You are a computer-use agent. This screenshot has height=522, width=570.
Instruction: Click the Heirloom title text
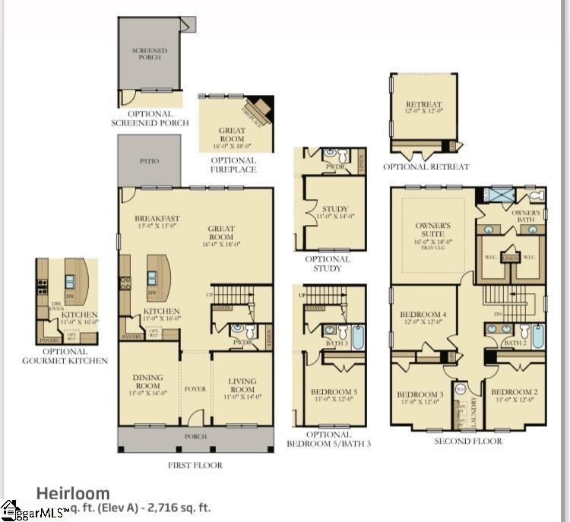pos(73,493)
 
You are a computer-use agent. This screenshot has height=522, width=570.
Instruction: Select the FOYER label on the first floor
pos(195,388)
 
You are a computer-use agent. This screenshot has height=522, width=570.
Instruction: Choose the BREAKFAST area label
pos(156,218)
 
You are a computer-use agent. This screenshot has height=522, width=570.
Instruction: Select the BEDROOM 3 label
pos(420,394)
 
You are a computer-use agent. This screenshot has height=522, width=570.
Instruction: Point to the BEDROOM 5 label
pos(334,392)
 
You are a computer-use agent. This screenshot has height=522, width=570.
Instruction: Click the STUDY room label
pos(334,208)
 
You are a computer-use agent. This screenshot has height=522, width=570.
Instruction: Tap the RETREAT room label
pos(423,104)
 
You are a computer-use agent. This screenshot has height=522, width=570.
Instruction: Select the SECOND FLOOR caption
pos(468,441)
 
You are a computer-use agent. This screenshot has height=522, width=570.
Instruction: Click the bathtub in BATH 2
pos(538,334)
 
